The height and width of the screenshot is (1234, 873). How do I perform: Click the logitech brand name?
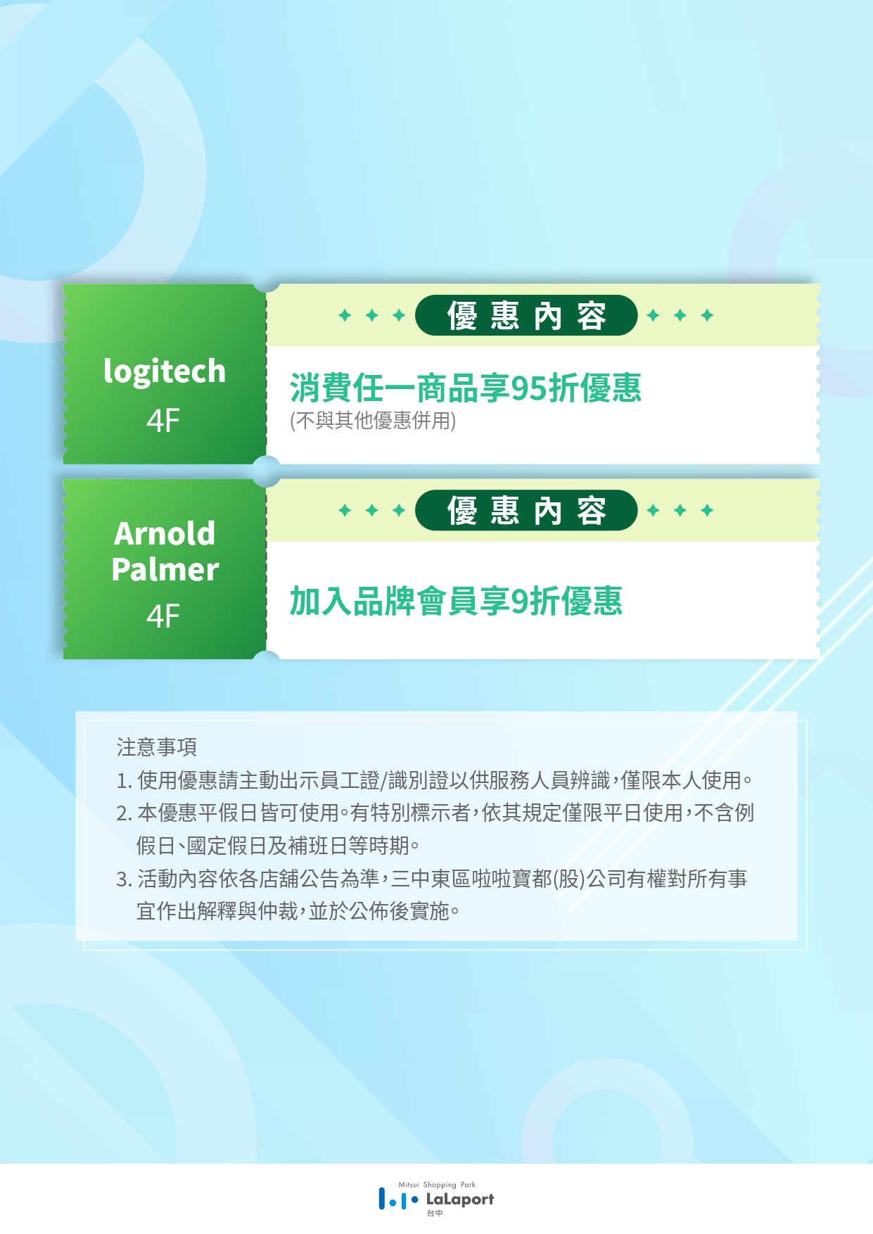pyautogui.click(x=165, y=371)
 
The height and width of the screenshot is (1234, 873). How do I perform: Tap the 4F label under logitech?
pyautogui.click(x=163, y=421)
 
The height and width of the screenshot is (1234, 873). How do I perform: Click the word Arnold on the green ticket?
pyautogui.click(x=165, y=533)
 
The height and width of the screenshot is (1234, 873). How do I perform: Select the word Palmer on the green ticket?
pyautogui.click(x=165, y=569)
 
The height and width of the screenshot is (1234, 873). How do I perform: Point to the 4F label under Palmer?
pyautogui.click(x=163, y=616)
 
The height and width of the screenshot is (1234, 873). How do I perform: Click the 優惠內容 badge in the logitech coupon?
pyautogui.click(x=526, y=315)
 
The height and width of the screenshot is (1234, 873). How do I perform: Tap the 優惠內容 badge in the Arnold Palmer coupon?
pyautogui.click(x=526, y=510)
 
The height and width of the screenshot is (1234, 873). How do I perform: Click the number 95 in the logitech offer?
pyautogui.click(x=529, y=388)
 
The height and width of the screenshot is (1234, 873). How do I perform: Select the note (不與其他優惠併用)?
pyautogui.click(x=373, y=421)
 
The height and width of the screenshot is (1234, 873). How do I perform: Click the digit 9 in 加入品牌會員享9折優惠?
pyautogui.click(x=520, y=602)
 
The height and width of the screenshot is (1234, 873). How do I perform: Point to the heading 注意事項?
pyautogui.click(x=157, y=747)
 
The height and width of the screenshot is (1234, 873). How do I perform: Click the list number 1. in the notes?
pyautogui.click(x=125, y=780)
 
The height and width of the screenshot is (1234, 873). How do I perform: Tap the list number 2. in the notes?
pyautogui.click(x=125, y=813)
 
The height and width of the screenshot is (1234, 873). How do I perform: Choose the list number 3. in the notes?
pyautogui.click(x=125, y=879)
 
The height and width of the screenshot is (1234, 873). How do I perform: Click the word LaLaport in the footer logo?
pyautogui.click(x=460, y=1200)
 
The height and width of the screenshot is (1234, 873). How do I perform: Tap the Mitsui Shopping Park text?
pyautogui.click(x=437, y=1185)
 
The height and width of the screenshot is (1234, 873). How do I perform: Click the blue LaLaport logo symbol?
pyautogui.click(x=398, y=1199)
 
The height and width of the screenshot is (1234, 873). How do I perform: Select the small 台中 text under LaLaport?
pyautogui.click(x=435, y=1214)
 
